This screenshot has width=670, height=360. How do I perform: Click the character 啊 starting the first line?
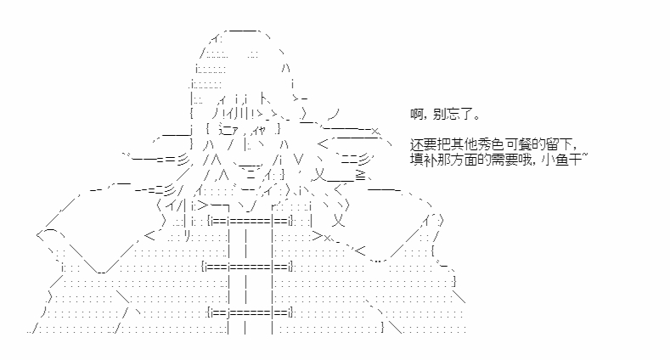click(417, 114)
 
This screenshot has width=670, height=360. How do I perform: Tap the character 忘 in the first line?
click(453, 114)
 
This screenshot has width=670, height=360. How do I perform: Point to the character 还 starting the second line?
click(417, 143)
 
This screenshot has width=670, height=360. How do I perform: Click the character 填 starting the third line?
click(417, 160)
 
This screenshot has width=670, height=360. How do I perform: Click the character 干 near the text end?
click(576, 160)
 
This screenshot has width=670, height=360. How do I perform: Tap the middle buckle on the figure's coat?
click(248, 267)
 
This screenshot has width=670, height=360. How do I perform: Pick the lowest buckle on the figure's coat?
click(250, 312)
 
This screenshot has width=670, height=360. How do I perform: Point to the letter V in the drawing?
click(299, 160)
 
